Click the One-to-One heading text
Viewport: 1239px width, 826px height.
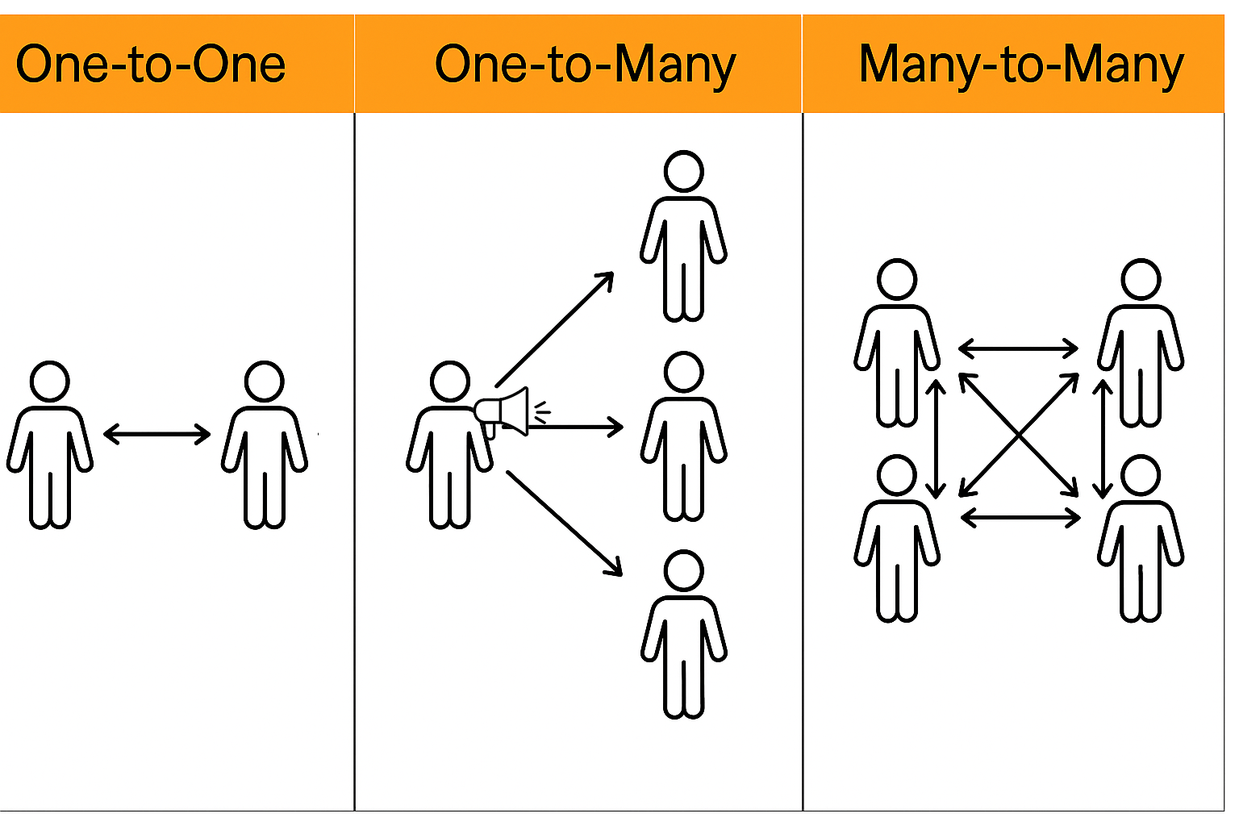click(151, 65)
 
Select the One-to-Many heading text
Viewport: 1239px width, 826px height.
click(585, 65)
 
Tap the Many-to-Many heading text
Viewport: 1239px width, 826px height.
click(1021, 65)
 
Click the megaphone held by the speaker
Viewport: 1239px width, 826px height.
click(505, 411)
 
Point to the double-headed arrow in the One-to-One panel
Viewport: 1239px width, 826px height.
click(157, 434)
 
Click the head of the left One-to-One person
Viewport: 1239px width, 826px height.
click(50, 382)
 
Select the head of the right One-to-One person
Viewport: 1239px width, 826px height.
click(265, 382)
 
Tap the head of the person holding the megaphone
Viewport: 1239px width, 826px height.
click(449, 382)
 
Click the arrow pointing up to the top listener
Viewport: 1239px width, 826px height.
click(555, 329)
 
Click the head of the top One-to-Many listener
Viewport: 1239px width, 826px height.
click(684, 171)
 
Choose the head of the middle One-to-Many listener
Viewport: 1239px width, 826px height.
click(684, 372)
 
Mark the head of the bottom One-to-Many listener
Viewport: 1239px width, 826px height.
click(684, 570)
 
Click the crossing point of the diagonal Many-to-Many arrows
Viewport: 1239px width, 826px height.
click(1020, 435)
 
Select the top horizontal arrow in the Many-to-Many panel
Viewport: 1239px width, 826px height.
click(1018, 348)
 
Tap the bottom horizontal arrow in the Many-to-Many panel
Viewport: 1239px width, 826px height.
click(1020, 517)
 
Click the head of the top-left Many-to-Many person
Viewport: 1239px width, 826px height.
click(897, 280)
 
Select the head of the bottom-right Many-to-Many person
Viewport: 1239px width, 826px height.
click(1141, 476)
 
